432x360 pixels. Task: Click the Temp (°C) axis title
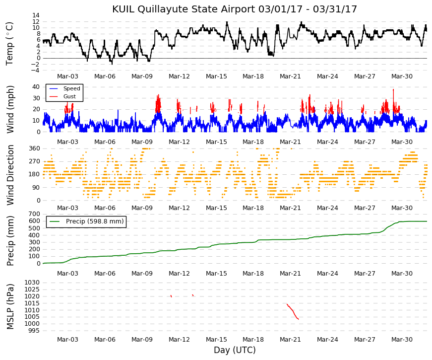(9, 44)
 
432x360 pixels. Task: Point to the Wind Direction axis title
(10, 175)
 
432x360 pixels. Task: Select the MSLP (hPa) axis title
(10, 306)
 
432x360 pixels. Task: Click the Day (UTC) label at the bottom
(235, 350)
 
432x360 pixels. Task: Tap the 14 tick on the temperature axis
(36, 15)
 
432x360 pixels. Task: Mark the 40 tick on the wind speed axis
(36, 87)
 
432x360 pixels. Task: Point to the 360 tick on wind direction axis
(34, 148)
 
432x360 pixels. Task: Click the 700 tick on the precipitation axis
(34, 214)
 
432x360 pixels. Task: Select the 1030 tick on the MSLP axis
(32, 283)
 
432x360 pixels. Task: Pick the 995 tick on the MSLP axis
(34, 331)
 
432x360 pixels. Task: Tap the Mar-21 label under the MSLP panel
(290, 340)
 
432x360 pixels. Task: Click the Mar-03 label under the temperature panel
(67, 76)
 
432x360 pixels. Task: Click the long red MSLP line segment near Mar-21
(293, 311)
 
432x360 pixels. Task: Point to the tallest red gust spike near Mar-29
(393, 100)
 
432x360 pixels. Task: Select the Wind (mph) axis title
(10, 110)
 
